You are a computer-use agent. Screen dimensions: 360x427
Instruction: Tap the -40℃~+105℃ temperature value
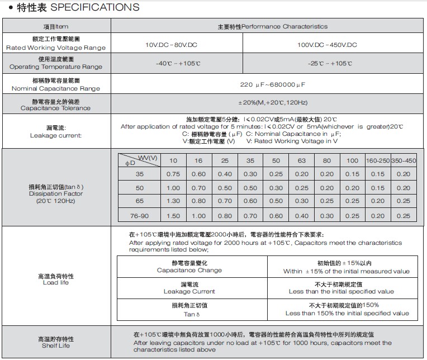tap(178, 64)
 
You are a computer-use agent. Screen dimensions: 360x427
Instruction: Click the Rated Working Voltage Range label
tap(56, 48)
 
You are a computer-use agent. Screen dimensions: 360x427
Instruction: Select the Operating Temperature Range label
tap(56, 67)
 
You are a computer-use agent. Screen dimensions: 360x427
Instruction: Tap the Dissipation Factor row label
tap(56, 193)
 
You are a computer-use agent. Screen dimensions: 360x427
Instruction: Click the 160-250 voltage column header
tap(378, 161)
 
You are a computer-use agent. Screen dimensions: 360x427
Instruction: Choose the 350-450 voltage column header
tap(404, 161)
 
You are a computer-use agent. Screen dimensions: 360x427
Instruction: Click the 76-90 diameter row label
tap(139, 216)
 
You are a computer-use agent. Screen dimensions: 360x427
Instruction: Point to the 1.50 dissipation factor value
tap(173, 216)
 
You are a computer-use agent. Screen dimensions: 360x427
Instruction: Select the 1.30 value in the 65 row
tap(173, 201)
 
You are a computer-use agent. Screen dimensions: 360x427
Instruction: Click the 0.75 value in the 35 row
tap(173, 174)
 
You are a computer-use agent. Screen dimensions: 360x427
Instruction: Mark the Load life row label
tap(56, 283)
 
